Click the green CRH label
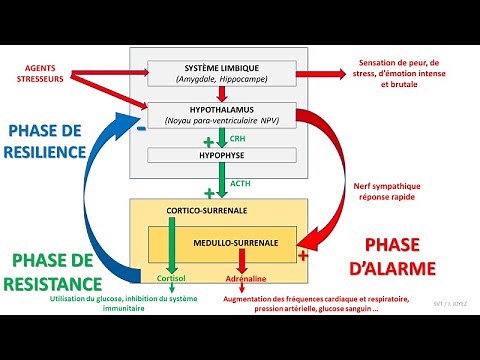[237, 138]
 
